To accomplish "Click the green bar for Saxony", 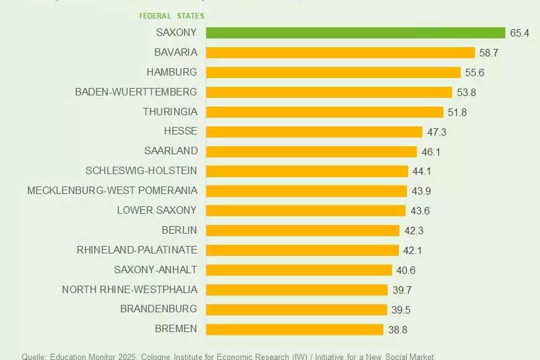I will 356,33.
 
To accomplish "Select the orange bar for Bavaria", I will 340,53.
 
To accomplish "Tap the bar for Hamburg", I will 333,72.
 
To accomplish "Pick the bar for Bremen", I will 294,329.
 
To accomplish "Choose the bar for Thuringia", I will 324,112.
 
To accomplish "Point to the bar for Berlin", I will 302,230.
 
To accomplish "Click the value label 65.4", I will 520,33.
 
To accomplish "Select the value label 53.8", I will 466,92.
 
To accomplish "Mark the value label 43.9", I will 420,191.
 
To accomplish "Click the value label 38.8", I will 398,330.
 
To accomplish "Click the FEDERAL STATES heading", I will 172,15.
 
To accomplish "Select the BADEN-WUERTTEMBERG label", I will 136,92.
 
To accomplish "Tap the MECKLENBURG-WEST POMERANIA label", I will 112,190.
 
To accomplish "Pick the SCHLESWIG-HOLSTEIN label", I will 141,170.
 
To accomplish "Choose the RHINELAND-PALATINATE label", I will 137,250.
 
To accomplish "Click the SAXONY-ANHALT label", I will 155,270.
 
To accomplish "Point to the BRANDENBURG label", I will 159,309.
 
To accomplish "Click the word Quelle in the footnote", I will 33,356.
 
